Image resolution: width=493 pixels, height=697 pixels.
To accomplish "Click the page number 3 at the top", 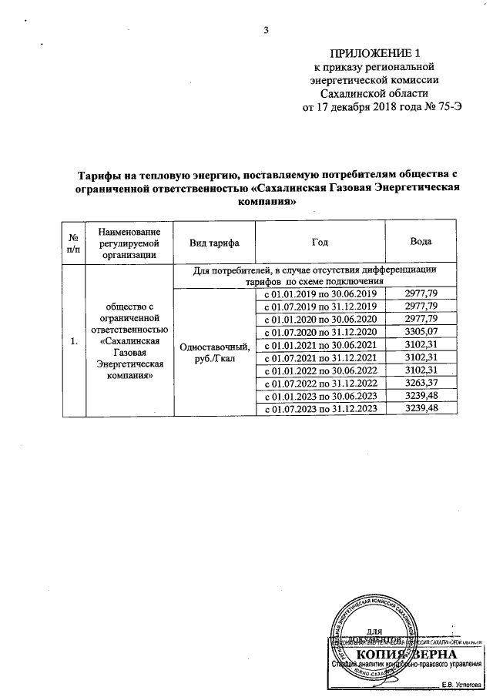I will click(267, 31).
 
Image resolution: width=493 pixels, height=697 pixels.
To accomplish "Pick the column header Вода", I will click(421, 243).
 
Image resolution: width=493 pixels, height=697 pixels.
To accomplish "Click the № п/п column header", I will click(73, 243).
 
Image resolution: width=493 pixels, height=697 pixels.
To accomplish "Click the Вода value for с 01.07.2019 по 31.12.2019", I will click(421, 307).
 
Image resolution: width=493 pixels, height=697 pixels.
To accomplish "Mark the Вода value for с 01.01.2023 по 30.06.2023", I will click(421, 396).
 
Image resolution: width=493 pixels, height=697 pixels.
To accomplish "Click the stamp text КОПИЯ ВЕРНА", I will click(408, 655).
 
